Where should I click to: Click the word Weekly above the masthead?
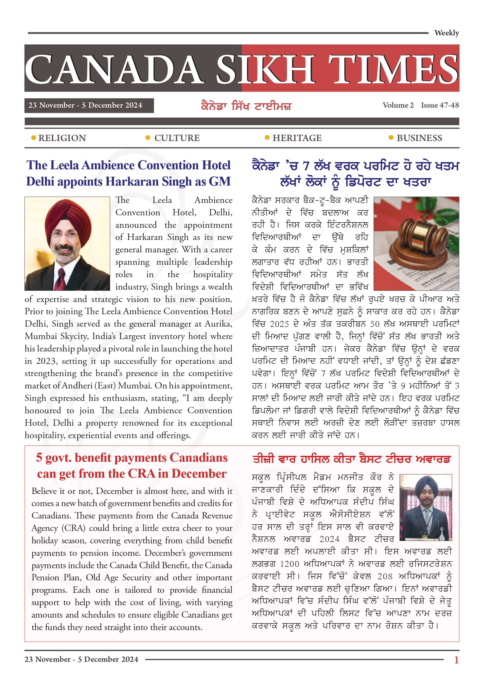[446, 33]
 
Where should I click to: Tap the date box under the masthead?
[89, 106]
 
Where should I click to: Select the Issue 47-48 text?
[440, 105]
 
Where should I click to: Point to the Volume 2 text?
[398, 105]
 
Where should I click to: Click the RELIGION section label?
[62, 138]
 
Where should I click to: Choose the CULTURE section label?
[177, 138]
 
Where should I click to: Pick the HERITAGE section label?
[297, 138]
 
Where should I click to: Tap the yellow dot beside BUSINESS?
[391, 137]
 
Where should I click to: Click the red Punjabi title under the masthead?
[246, 106]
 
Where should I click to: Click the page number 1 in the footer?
[456, 660]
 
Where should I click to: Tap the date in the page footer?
[81, 659]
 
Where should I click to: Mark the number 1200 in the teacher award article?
[289, 564]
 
